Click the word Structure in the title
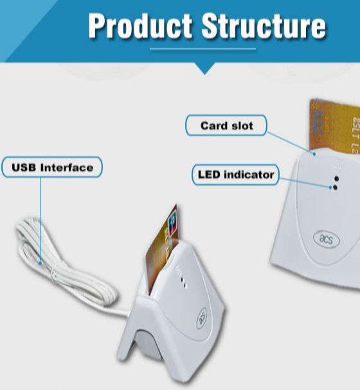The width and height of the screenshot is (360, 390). pos(263,26)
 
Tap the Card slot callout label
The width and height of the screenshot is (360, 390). pos(226,125)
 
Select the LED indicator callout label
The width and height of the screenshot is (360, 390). pos(235,174)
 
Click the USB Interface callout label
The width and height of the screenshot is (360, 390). pos(52,168)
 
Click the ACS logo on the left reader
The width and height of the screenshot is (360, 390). pos(202,315)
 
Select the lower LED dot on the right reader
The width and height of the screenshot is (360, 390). pos(334,188)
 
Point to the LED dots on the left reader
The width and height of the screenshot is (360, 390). pos(184,279)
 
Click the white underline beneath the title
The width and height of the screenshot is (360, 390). pos(203,48)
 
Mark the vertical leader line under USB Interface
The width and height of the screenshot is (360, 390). pos(40,218)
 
